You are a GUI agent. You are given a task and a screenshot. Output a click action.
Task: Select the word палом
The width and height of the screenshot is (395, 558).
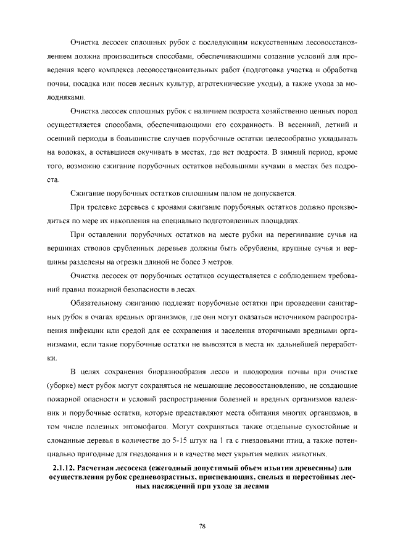coord(231,193)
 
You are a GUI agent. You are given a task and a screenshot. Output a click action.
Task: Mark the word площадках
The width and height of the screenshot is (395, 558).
coord(281,220)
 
